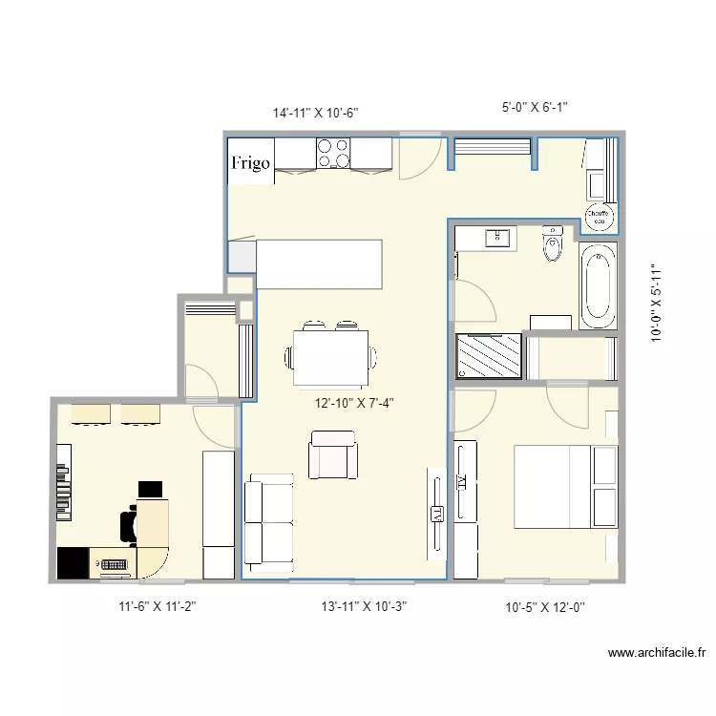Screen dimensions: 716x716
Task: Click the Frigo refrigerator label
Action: (251, 163)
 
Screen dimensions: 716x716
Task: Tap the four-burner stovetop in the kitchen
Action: (333, 154)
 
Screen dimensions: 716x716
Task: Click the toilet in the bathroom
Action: (553, 245)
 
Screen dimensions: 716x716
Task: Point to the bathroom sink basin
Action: (498, 237)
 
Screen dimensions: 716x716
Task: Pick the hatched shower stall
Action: (489, 356)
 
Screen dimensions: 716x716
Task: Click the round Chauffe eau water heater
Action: (599, 218)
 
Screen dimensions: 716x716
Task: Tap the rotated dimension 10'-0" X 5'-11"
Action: (657, 304)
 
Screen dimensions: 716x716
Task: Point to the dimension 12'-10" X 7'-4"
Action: (354, 403)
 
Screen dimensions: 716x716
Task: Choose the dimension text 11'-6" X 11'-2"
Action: (158, 605)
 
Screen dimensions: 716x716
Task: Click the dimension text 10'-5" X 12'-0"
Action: (544, 606)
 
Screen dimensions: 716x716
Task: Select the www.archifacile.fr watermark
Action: (657, 654)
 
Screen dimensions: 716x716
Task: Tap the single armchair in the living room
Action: (332, 454)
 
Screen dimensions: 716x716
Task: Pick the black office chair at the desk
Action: (129, 524)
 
